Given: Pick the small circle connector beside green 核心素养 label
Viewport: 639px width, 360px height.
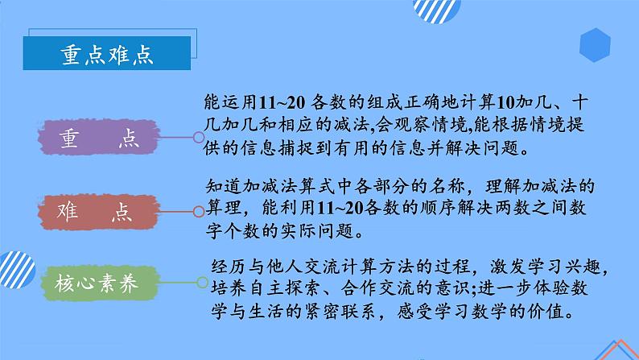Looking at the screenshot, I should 200,283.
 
